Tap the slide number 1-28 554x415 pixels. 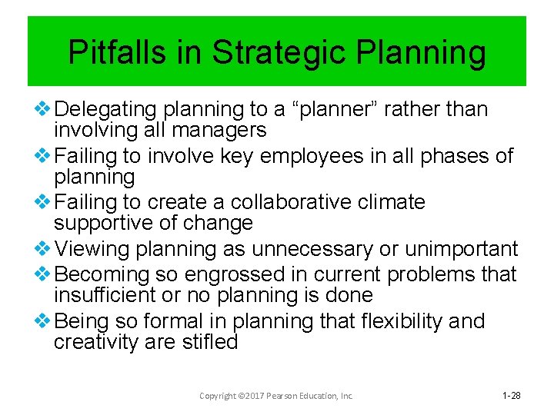pyautogui.click(x=511, y=395)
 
